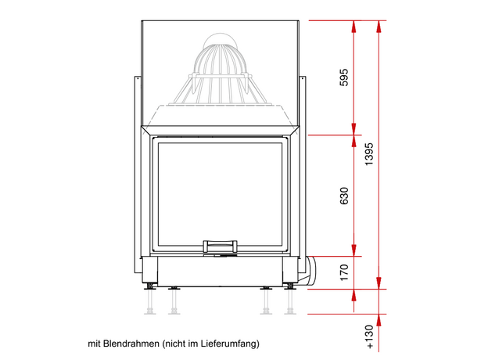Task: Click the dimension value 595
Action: pos(344,77)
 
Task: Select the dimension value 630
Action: pos(344,196)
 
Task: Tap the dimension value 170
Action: pos(344,272)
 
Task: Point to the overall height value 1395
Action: pos(369,154)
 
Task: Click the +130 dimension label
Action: pos(369,337)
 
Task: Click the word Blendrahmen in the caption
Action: pos(131,344)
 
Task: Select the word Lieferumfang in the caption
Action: pos(228,344)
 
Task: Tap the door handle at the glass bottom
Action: pos(220,246)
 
